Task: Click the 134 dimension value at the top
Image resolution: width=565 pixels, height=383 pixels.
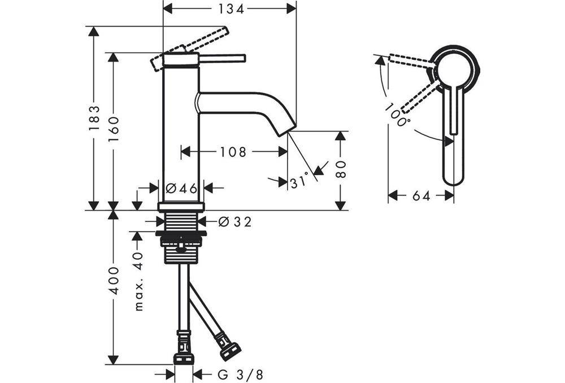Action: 229,8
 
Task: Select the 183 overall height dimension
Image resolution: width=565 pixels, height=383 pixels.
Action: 94,118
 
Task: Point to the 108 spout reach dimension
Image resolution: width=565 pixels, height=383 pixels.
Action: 233,151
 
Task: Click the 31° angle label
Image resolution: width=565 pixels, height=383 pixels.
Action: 300,181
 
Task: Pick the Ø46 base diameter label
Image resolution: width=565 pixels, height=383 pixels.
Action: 181,188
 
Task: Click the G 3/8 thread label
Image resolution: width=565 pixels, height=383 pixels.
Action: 240,374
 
